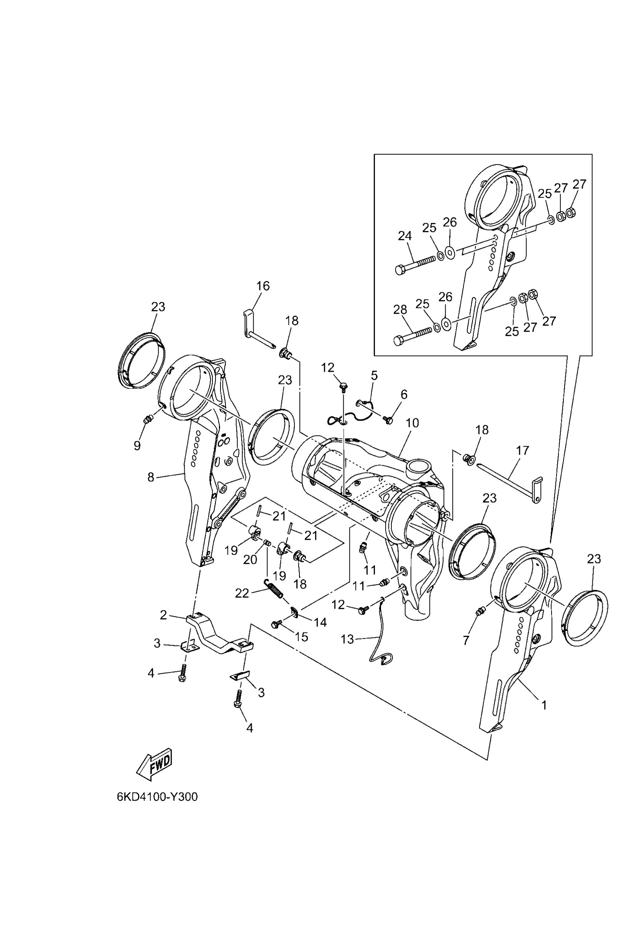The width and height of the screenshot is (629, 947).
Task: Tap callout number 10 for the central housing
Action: tap(412, 423)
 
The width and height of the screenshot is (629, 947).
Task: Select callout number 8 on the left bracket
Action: tap(151, 477)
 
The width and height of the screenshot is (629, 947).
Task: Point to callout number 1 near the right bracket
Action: tap(544, 705)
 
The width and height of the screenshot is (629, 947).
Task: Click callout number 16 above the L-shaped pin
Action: tap(263, 286)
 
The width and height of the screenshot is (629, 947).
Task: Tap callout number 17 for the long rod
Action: tap(522, 451)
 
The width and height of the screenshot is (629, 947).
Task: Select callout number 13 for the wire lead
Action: tap(347, 639)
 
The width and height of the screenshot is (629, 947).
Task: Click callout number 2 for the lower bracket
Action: tap(163, 615)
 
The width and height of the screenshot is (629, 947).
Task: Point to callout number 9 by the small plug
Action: tap(137, 445)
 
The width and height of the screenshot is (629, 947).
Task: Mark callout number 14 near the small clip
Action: tap(320, 622)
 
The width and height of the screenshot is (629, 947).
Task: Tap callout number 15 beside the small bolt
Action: tap(302, 637)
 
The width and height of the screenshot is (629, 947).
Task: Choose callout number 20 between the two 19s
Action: tap(250, 559)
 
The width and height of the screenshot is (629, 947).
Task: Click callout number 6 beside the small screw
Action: tap(404, 395)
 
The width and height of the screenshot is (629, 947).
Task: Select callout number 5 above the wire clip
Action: tap(374, 376)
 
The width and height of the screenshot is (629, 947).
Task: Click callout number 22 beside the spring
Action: tap(242, 593)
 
